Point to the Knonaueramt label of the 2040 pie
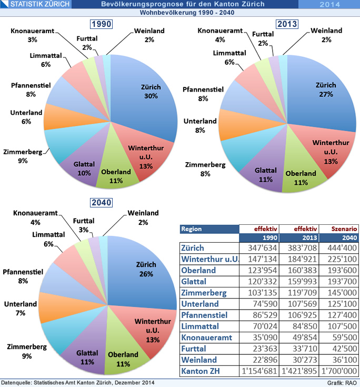click(x=34, y=217)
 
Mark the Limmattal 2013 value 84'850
click(x=300, y=326)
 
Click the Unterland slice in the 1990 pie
click(x=55, y=117)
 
